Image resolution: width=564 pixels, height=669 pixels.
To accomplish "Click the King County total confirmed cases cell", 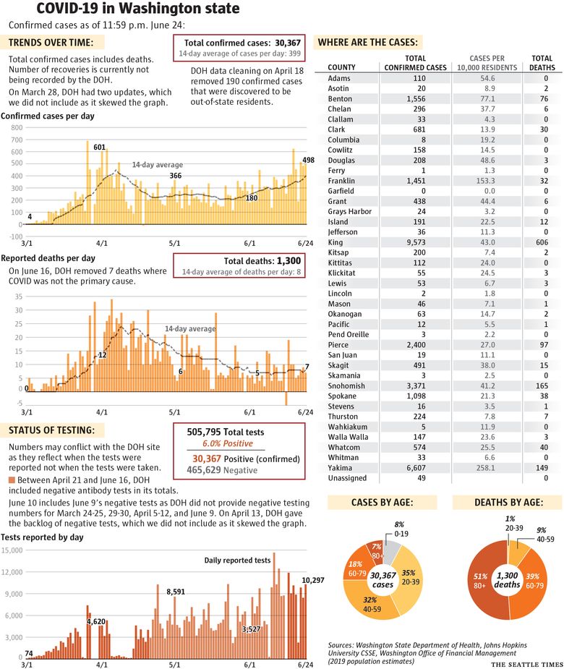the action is (416, 242).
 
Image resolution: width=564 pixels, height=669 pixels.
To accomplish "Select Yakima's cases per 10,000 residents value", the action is (485, 468).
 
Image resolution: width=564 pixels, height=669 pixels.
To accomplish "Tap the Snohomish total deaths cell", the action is (542, 385).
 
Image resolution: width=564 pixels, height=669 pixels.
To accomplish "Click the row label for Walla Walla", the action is (348, 437).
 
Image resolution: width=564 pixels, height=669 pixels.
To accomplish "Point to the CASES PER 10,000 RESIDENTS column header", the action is (487, 63).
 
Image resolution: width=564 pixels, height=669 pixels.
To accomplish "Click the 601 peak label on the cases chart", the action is (99, 148).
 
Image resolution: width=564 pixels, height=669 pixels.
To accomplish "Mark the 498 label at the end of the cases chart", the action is (308, 160).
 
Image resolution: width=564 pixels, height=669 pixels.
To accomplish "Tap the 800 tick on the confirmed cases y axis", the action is (17, 127).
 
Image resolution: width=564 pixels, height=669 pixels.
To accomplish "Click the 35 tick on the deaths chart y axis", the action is (18, 297).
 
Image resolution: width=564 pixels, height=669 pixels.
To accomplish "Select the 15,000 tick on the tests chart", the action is (12, 550).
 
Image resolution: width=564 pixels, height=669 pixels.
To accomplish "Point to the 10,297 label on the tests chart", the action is (312, 580).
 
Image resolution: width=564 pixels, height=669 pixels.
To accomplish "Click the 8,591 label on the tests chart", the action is (176, 592).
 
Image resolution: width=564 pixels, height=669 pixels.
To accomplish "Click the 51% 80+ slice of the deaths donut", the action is (479, 581).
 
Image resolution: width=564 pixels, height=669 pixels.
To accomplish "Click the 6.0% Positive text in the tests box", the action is (227, 443).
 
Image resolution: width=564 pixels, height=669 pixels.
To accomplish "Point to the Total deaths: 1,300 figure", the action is (262, 260).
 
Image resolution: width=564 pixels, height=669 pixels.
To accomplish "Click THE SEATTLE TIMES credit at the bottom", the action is (527, 665).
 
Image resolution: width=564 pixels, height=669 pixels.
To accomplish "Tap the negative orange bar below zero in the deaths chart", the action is (286, 399).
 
